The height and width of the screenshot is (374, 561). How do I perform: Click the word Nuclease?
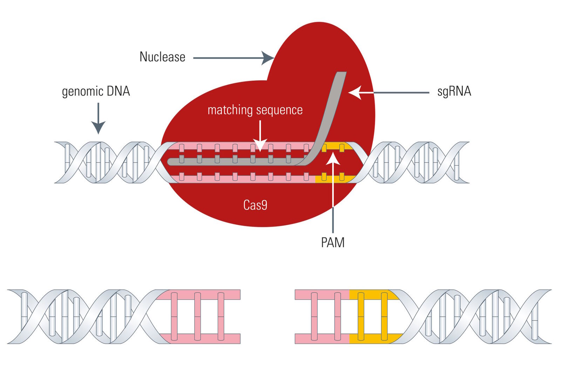162,57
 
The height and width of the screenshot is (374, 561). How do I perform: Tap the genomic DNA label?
96,91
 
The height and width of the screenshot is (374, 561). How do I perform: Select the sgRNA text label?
454,91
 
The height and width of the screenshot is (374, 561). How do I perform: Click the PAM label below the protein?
333,243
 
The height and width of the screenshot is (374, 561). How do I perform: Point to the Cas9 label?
255,205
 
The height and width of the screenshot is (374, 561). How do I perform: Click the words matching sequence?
255,110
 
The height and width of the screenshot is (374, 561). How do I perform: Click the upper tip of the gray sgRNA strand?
341,73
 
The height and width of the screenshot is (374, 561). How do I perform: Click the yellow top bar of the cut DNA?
372,295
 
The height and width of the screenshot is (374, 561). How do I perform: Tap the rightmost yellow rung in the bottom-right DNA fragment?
384,317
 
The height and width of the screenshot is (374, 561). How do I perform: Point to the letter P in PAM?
324,243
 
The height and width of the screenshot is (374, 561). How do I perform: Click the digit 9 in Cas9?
264,205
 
